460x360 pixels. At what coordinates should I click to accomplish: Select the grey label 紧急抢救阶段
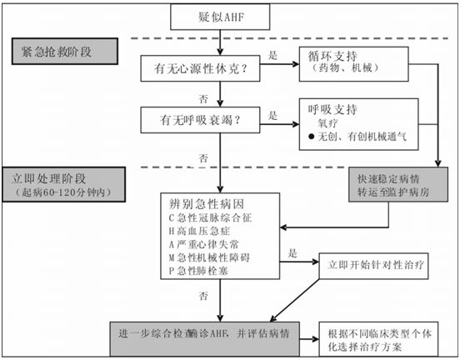click(63, 51)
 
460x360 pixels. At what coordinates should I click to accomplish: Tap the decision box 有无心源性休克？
click(194, 67)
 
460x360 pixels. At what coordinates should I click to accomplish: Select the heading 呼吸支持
click(332, 108)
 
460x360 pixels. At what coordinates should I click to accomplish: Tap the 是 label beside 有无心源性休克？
click(272, 56)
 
